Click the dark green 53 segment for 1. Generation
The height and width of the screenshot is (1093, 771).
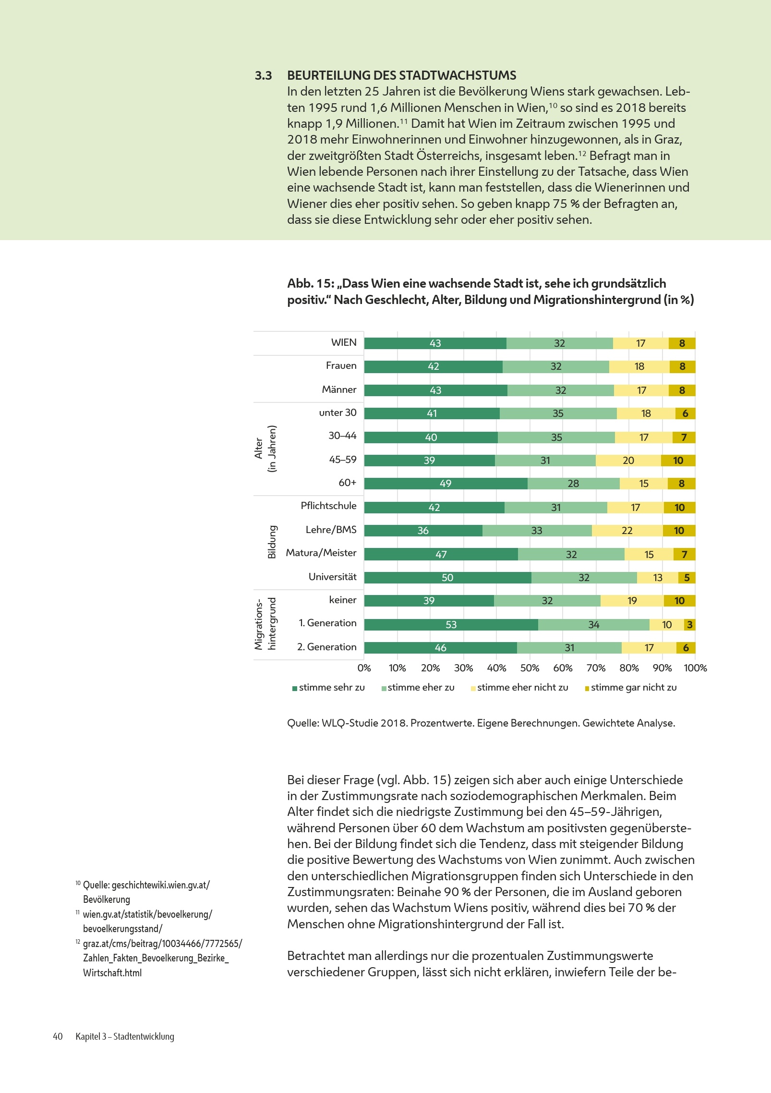[451, 624]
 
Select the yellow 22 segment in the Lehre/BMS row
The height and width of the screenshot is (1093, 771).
[627, 530]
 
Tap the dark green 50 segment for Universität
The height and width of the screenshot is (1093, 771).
[447, 577]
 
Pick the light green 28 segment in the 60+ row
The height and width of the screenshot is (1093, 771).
[573, 483]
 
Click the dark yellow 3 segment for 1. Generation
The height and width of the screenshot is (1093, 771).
[690, 624]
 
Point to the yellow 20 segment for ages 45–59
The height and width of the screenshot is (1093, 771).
[628, 460]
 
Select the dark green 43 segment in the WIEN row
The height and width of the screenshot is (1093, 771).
[435, 343]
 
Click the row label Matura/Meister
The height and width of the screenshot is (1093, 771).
[321, 553]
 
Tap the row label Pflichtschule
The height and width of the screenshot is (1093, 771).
[328, 506]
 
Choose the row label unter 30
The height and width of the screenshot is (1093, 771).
[337, 413]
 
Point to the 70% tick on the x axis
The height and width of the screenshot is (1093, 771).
[596, 668]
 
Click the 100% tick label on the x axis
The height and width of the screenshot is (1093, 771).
[695, 668]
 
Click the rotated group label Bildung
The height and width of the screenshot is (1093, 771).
[272, 542]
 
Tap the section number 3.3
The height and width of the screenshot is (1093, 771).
[263, 75]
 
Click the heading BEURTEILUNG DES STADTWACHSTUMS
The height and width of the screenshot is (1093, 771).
[401, 75]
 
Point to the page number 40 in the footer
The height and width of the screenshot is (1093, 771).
[58, 1036]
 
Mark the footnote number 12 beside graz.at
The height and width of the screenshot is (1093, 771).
[78, 942]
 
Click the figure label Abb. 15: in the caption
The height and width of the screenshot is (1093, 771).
[311, 283]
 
